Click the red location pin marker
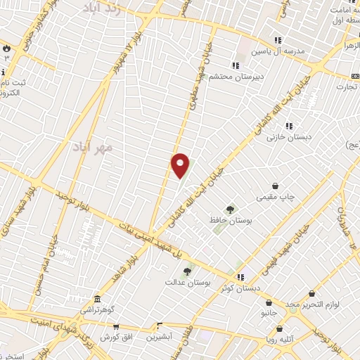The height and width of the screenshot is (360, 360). pyautogui.click(x=181, y=165)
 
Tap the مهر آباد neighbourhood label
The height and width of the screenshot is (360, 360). pyautogui.click(x=92, y=148)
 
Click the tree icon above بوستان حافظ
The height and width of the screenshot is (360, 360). pyautogui.click(x=229, y=209)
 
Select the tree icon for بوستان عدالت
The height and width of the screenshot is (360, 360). pyautogui.click(x=188, y=271)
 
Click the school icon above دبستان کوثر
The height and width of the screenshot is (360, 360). pyautogui.click(x=240, y=277)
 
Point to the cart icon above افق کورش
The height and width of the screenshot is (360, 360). pyautogui.click(x=116, y=326)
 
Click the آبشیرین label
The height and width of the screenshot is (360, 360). pyautogui.click(x=160, y=337)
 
